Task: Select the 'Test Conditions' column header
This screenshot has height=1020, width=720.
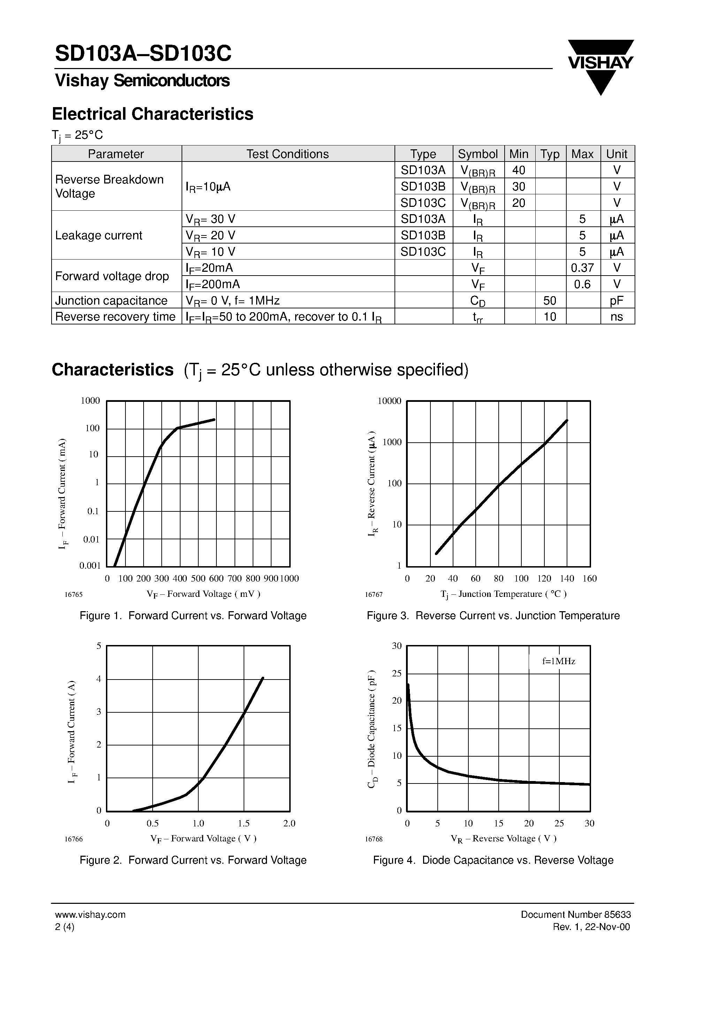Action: tap(287, 154)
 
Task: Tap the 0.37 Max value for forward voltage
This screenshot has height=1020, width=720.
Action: tap(582, 268)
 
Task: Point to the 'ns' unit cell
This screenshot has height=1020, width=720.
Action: tap(616, 317)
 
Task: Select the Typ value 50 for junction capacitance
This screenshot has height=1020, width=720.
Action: tap(550, 301)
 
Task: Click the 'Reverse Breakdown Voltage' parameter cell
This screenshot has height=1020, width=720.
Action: tap(109, 187)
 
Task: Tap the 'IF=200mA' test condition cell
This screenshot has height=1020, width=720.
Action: tap(213, 284)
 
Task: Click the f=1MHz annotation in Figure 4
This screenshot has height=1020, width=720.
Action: tap(558, 661)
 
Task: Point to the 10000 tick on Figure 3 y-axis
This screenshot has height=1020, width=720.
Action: tap(389, 401)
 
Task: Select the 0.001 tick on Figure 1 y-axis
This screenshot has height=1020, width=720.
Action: tap(90, 565)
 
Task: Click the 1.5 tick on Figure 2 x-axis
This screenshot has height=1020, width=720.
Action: tap(244, 823)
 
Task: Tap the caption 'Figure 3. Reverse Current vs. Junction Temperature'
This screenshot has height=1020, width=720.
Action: tap(493, 616)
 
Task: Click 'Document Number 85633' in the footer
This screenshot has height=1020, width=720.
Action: tap(575, 915)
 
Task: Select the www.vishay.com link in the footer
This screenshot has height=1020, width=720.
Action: tap(90, 915)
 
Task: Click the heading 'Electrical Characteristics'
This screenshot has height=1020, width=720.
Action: tap(153, 114)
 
